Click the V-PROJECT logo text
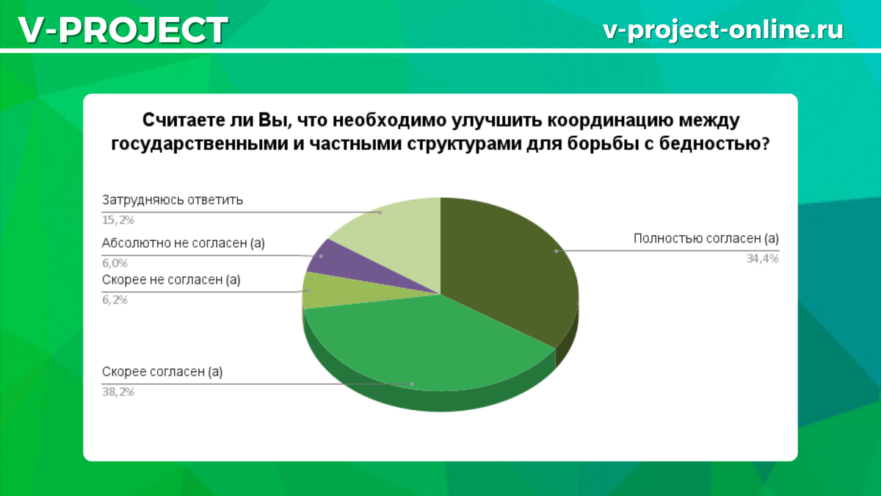click(x=123, y=29)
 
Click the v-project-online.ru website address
click(x=723, y=29)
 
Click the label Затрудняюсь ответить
click(x=173, y=200)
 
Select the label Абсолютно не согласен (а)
click(x=184, y=243)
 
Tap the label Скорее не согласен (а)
click(x=171, y=279)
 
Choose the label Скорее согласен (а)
click(x=162, y=372)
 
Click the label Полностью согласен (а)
click(x=706, y=238)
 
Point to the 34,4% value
click(x=763, y=259)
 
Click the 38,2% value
click(x=118, y=392)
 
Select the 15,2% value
click(x=118, y=220)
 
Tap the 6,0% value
click(x=115, y=263)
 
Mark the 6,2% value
click(x=115, y=300)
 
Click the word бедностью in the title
click(x=714, y=144)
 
